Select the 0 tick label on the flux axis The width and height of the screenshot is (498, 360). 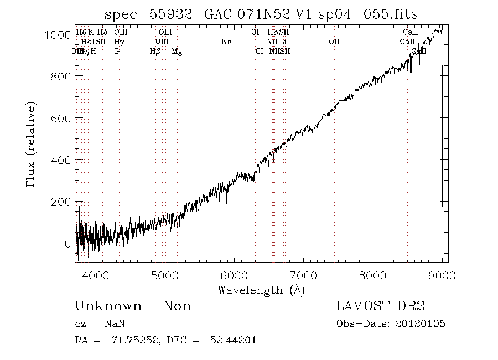click(67, 243)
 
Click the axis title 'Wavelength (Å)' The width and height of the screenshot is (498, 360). click(261, 290)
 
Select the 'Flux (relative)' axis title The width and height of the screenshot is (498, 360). click(32, 144)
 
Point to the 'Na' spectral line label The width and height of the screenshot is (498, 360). click(226, 42)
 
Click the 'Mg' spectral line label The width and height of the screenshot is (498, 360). click(177, 52)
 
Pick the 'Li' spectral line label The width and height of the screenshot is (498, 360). click(283, 42)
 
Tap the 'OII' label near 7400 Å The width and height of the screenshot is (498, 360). click(334, 42)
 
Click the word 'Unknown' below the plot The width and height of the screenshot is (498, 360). click(108, 306)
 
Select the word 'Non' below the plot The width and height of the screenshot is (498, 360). click(177, 306)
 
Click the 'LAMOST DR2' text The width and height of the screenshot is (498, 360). click(380, 306)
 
